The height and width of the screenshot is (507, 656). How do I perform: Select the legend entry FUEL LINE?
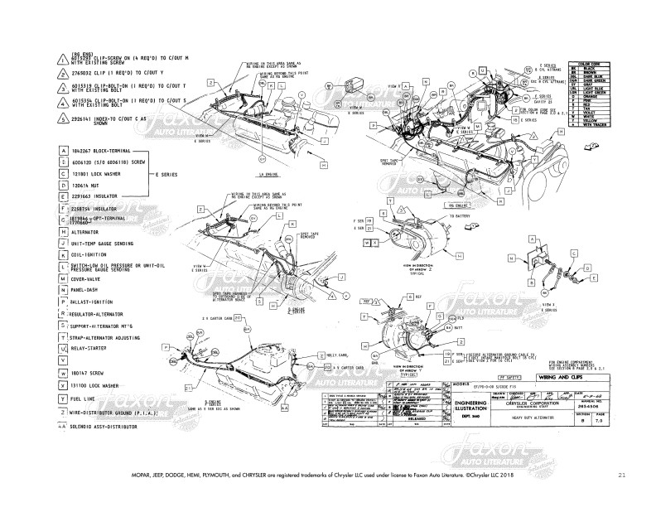coord(88,398)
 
